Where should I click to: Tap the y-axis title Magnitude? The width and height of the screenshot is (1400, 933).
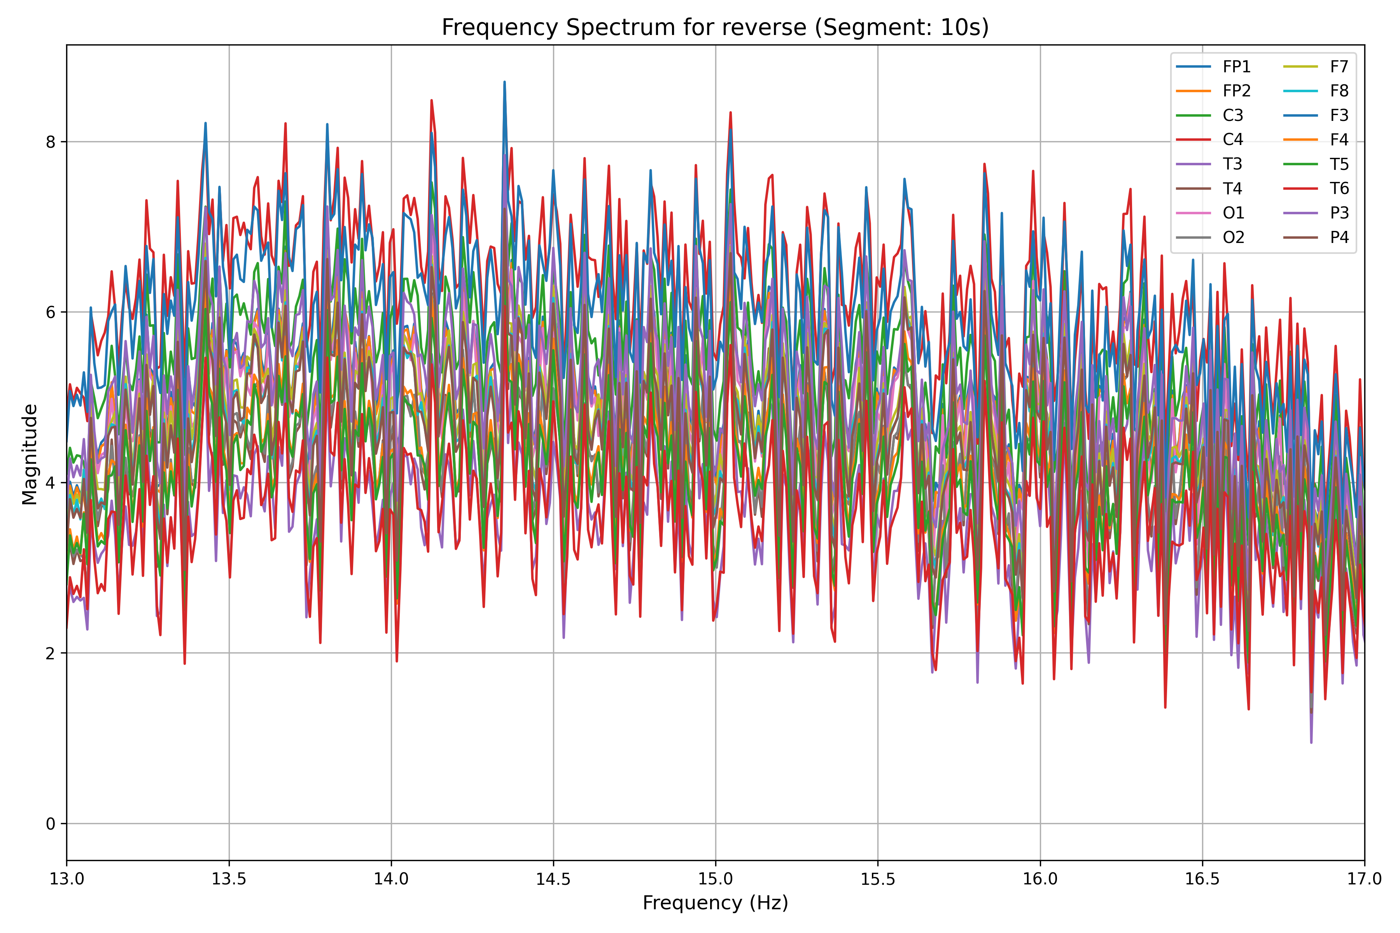30,454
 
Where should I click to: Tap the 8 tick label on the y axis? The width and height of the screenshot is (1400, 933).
50,142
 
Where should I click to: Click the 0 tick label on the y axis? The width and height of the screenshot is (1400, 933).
50,824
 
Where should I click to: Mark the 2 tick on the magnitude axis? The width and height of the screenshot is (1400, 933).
50,653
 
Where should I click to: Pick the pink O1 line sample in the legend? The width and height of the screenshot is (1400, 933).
1193,213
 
